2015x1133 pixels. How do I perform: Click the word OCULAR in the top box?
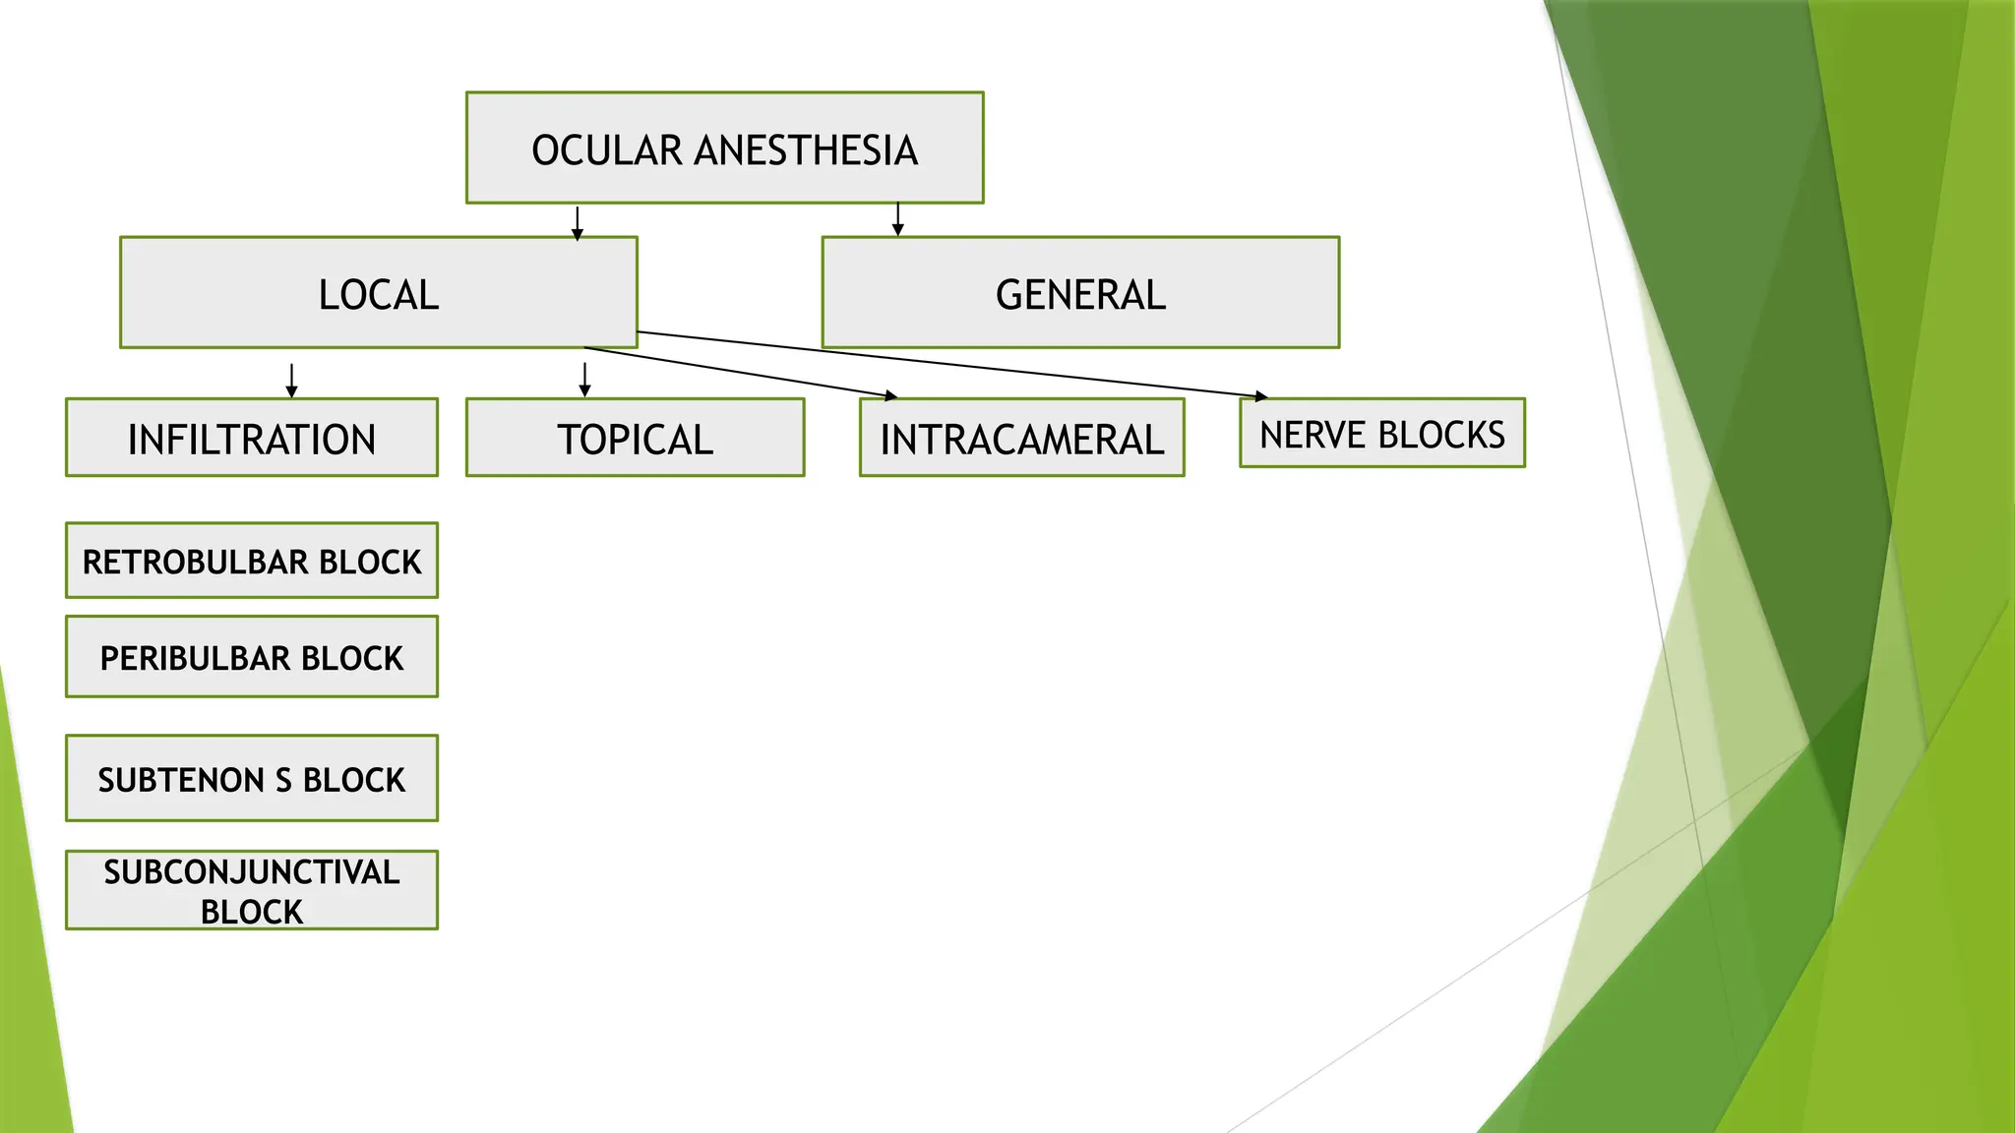coord(607,150)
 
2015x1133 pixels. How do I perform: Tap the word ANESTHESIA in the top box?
coord(806,150)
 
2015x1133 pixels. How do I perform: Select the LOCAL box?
coord(379,292)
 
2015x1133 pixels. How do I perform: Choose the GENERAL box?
coord(1080,292)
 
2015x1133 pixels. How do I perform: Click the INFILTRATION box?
coord(252,438)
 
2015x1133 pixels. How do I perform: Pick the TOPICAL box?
coord(635,438)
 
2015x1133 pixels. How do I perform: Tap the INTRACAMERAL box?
coord(1021,438)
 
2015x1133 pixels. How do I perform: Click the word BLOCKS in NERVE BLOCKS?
coord(1441,435)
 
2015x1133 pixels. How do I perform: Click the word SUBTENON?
coord(181,780)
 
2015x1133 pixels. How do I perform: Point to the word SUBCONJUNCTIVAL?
coord(252,872)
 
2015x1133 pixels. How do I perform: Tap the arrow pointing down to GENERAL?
coord(897,219)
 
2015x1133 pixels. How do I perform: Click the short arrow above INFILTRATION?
coord(291,381)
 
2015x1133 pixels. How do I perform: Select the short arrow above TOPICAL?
coord(584,381)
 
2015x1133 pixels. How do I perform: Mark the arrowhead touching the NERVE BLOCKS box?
coord(1262,396)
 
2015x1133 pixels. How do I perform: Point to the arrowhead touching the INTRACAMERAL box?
coord(891,396)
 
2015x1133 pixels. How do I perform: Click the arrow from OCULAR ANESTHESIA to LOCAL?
coord(578,223)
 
